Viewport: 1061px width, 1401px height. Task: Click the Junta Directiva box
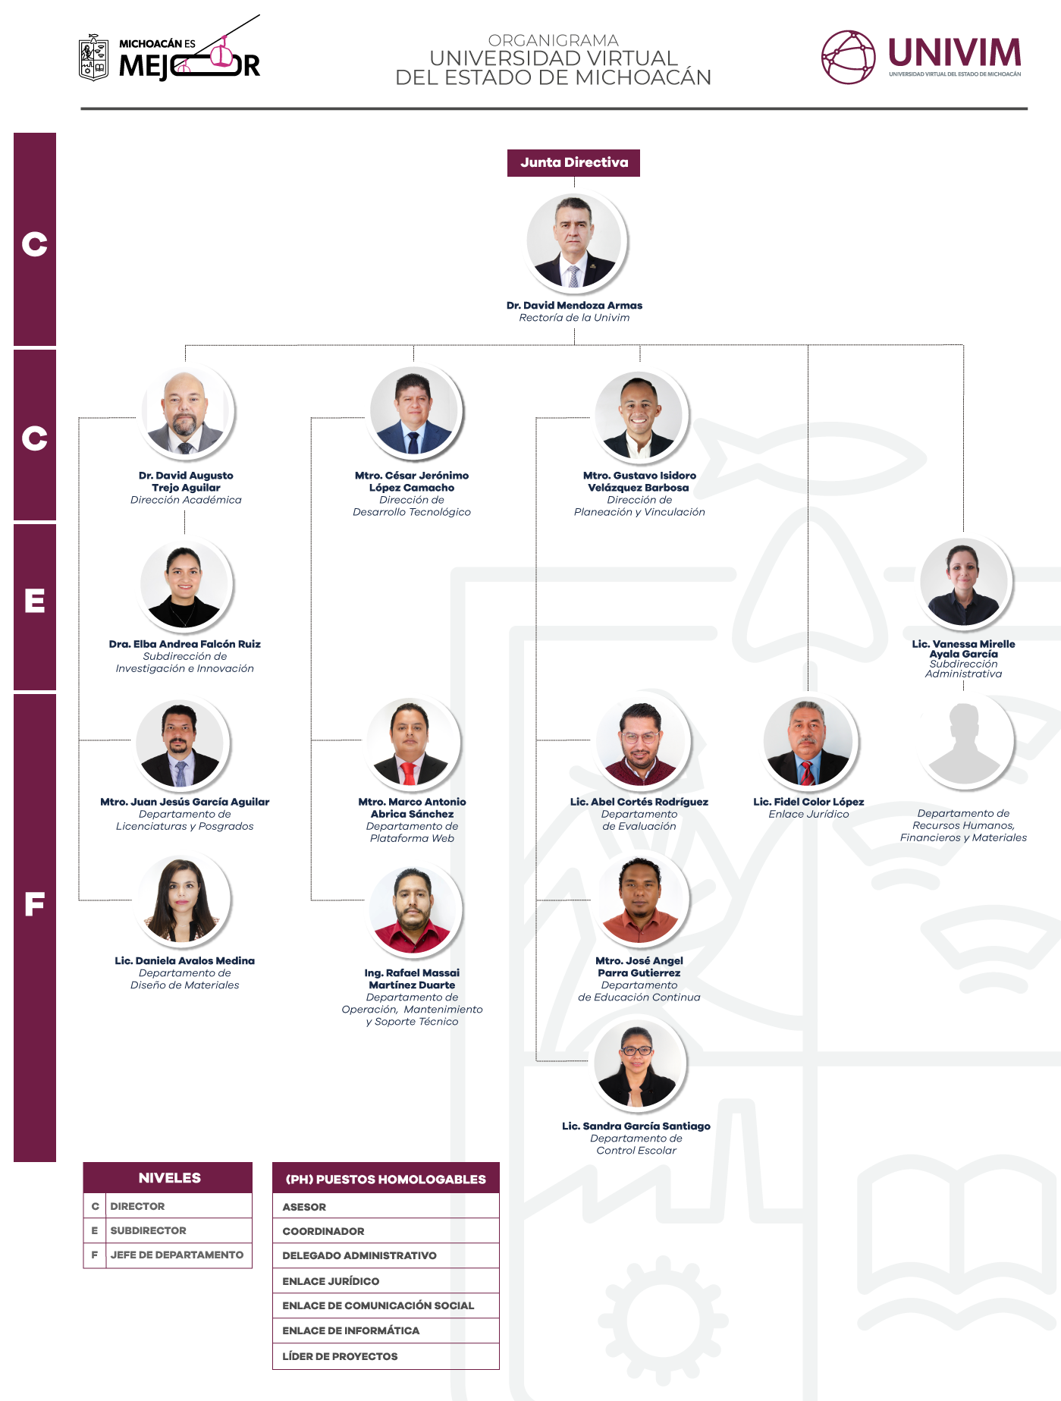[573, 162]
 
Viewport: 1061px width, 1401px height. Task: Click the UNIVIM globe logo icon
[849, 57]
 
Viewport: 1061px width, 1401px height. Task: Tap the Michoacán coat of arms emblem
[93, 58]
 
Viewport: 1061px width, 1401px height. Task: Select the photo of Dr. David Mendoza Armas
[574, 241]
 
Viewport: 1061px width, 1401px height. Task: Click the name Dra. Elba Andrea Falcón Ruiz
[185, 644]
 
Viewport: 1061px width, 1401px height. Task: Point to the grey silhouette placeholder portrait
[964, 741]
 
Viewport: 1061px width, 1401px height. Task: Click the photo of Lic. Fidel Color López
[808, 742]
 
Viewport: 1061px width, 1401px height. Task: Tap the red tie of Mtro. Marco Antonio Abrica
[409, 774]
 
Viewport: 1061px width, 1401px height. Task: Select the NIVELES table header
[168, 1177]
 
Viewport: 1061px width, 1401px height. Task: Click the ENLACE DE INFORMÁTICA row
[386, 1330]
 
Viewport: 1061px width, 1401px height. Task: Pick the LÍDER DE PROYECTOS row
[386, 1356]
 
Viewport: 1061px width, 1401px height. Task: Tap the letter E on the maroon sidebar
[35, 602]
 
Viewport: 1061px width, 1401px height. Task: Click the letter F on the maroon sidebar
[35, 904]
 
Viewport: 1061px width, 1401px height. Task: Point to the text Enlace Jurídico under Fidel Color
[808, 814]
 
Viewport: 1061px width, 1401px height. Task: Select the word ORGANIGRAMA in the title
[554, 40]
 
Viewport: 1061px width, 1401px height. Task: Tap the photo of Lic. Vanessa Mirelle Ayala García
[963, 583]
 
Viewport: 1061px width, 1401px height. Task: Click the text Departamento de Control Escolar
[636, 1145]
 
